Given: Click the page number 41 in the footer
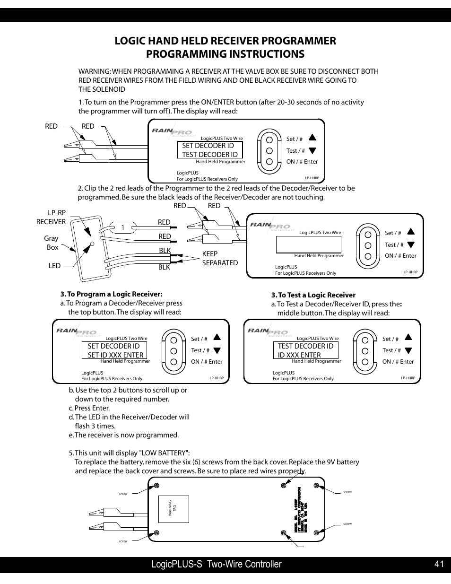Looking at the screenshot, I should coord(439,564).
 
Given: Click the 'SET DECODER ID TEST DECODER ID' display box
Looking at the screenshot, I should coord(210,150).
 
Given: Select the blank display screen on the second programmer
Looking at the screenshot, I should coord(308,244).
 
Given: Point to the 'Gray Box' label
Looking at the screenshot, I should coord(52,243).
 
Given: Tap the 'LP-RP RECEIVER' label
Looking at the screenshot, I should coord(51,218).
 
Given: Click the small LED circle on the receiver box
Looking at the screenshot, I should coord(92,244).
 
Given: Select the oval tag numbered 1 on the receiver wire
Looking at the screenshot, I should coord(122,228).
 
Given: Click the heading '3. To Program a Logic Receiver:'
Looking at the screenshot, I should coord(111,294).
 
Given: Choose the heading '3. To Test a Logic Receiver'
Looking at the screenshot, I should coord(313,295).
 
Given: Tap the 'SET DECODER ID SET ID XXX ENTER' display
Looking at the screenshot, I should coord(116,350).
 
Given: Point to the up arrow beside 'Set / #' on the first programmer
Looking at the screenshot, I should coord(312,138).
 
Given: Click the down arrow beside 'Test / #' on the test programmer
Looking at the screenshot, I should coord(408,351).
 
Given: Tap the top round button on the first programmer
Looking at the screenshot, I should coord(269,140).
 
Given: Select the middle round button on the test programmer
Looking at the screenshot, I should coord(365,351).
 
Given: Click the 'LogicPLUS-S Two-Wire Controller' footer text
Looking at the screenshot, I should coord(217,564).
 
